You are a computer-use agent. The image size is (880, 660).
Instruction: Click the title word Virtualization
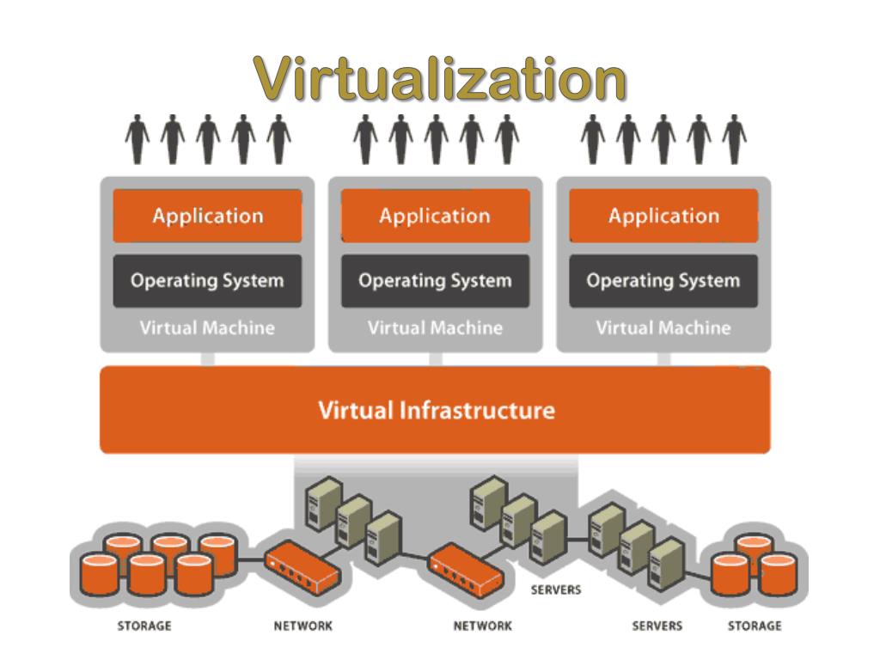[x=440, y=80]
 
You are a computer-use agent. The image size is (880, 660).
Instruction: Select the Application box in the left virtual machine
[x=207, y=216]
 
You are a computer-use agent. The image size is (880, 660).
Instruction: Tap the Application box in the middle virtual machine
[x=435, y=216]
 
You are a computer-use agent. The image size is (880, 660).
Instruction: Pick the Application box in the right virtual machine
[x=663, y=216]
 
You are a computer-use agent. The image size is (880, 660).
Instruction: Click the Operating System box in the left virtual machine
[x=207, y=281]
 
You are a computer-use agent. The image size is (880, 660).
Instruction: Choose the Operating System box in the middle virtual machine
[x=435, y=281]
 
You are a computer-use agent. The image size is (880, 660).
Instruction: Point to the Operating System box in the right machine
[x=663, y=281]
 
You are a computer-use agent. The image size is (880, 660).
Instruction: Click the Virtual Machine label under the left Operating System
[x=207, y=327]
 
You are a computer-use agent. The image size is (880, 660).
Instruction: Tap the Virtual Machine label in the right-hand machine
[x=663, y=327]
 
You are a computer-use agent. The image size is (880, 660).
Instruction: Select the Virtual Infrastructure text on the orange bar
[x=437, y=410]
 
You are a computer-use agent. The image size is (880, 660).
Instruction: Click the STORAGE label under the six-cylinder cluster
[x=144, y=626]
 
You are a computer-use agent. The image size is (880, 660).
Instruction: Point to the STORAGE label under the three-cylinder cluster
[x=755, y=626]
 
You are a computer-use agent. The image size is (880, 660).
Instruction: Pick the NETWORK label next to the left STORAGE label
[x=302, y=626]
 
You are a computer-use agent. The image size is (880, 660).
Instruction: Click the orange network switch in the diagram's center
[x=466, y=567]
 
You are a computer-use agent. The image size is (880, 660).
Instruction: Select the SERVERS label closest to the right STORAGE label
[x=657, y=626]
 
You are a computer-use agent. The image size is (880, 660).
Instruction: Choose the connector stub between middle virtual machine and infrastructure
[x=436, y=359]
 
